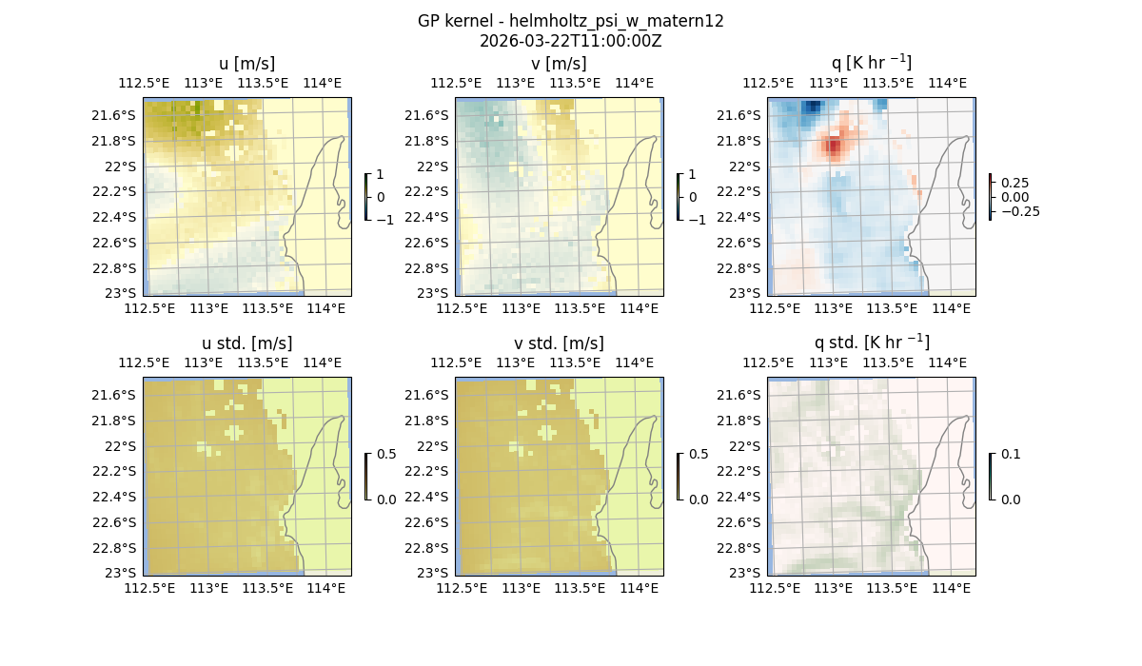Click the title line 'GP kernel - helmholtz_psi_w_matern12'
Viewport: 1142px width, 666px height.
(x=570, y=21)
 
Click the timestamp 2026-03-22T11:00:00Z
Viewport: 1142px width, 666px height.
(x=570, y=41)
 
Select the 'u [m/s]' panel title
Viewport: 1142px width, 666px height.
(x=246, y=64)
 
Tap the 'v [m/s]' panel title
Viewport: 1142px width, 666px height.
(x=559, y=64)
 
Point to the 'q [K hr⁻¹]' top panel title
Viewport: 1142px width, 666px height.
(x=871, y=63)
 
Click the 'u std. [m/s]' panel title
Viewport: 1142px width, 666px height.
(x=246, y=343)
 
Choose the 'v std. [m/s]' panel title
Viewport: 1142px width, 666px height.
(x=559, y=343)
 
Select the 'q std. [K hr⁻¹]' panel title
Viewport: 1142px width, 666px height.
(x=871, y=343)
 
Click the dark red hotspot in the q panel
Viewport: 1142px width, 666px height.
(x=834, y=147)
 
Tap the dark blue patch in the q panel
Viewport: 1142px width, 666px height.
(x=810, y=108)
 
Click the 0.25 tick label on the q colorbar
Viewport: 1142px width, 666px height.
(x=1014, y=183)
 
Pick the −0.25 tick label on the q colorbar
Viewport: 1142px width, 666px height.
(x=1019, y=211)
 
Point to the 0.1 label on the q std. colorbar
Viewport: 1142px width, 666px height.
(x=1009, y=455)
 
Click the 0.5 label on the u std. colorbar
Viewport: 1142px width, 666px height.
(x=386, y=455)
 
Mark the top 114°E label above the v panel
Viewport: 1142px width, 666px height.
(x=635, y=83)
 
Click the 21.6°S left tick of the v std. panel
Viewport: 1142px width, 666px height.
(x=427, y=395)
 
